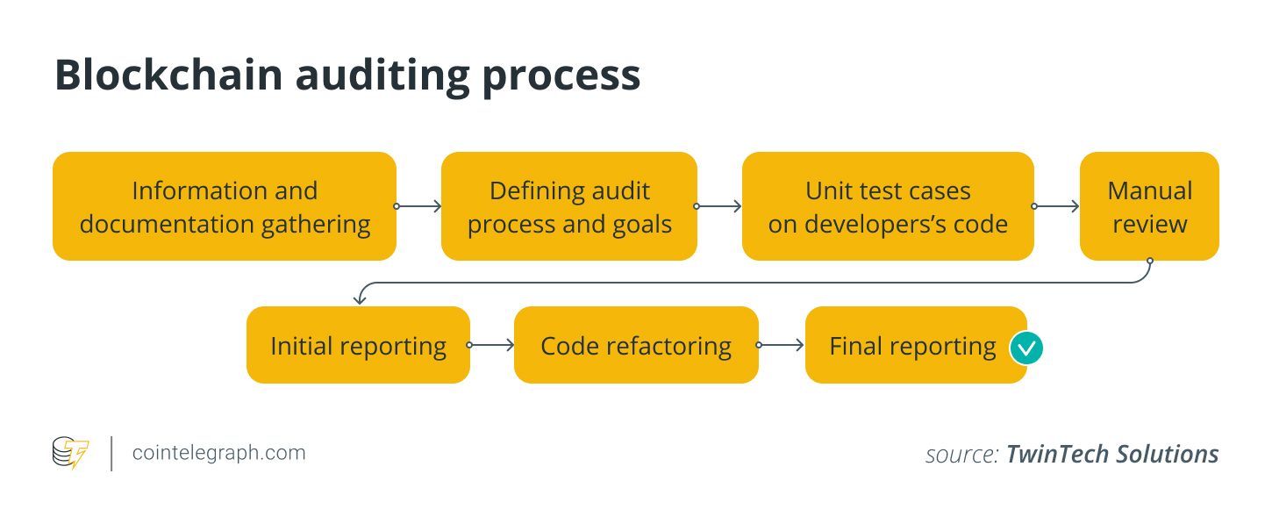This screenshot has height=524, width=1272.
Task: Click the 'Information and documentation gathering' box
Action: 225,206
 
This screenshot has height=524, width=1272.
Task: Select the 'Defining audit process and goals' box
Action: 569,206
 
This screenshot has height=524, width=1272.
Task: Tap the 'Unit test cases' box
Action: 888,206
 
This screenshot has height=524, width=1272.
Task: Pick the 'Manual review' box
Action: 1149,206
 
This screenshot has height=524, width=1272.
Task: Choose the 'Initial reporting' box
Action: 358,345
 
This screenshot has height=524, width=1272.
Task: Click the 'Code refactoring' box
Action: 636,345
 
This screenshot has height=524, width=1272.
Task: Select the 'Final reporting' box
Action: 912,345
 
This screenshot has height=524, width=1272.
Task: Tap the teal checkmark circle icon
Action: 1025,348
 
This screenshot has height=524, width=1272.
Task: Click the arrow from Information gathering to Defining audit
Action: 418,206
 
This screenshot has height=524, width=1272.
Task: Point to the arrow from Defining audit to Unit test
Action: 719,206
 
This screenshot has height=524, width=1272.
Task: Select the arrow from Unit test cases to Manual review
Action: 1056,206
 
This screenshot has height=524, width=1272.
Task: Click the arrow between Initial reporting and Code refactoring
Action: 492,345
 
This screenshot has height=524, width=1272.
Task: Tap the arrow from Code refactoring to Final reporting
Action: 782,345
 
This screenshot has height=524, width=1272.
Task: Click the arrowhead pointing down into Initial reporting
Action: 359,299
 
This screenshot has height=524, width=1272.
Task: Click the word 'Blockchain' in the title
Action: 168,75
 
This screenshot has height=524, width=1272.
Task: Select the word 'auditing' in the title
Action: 382,75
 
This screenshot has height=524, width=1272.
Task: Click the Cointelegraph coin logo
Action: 70,453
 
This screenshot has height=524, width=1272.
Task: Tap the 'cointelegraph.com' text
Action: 218,453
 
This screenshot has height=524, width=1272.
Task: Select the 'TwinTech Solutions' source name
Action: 1111,454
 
